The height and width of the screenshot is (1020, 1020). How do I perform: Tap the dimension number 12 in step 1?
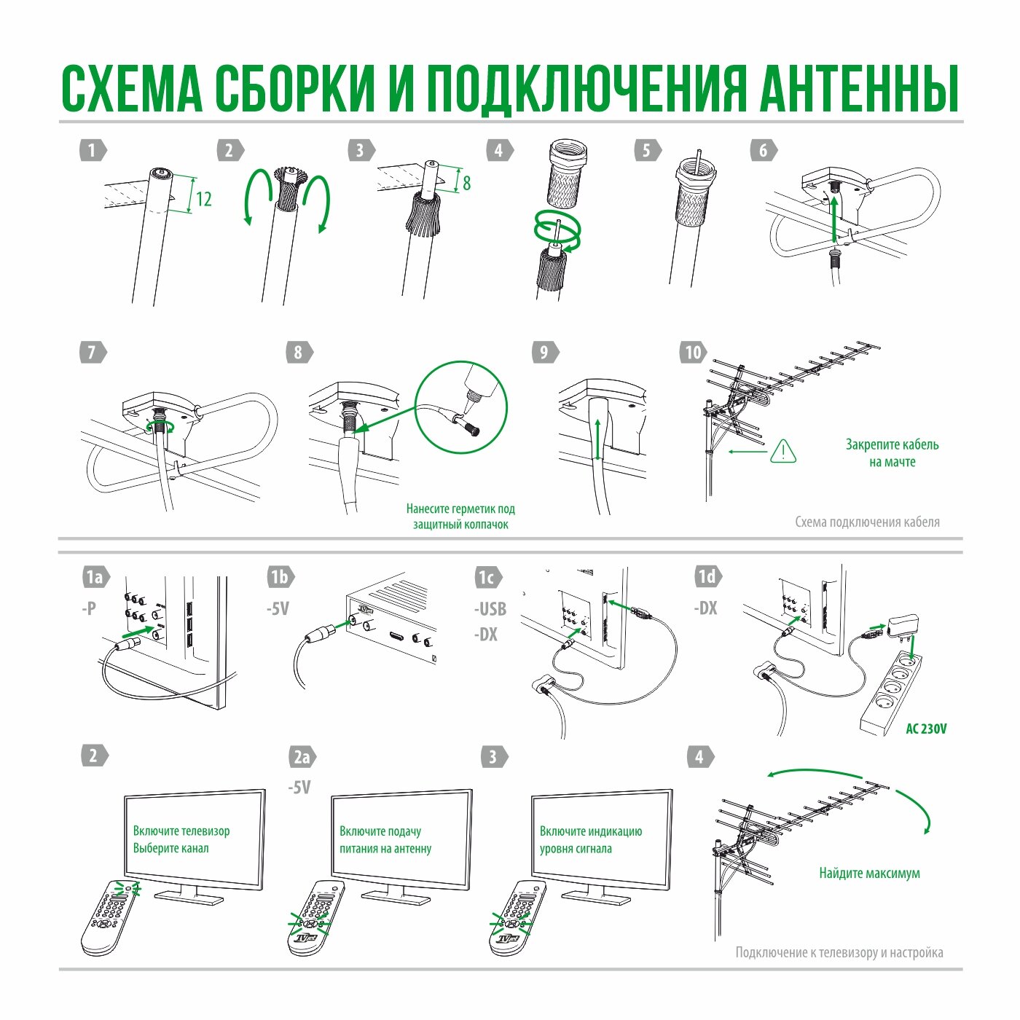204,200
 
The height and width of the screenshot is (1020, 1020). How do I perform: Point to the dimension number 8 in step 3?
466,183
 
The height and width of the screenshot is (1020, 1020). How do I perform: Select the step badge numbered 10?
693,353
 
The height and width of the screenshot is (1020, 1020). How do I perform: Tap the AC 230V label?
926,729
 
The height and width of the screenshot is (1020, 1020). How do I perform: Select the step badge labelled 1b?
280,577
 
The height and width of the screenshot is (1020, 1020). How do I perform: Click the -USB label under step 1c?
490,609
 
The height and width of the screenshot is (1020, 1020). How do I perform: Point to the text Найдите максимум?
869,873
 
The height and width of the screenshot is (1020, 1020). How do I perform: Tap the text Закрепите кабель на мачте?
892,453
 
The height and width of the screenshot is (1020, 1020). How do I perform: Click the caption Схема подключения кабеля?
867,522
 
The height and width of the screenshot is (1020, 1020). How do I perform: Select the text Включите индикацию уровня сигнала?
591,840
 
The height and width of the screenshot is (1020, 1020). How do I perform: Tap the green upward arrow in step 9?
598,439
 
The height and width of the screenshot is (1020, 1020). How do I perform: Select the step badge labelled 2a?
302,757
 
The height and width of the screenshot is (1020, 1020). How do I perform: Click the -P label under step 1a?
89,608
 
